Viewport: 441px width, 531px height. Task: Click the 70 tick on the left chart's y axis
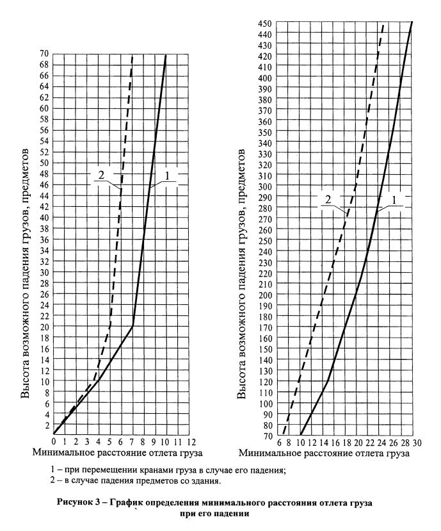44,54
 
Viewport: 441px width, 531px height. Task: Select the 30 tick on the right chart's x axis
416,442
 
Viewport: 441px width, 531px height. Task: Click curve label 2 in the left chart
100,175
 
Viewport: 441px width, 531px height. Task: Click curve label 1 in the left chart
167,175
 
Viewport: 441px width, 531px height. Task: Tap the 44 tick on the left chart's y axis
44,195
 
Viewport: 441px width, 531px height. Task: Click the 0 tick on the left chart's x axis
54,442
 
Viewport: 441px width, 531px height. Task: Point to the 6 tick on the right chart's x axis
280,442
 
